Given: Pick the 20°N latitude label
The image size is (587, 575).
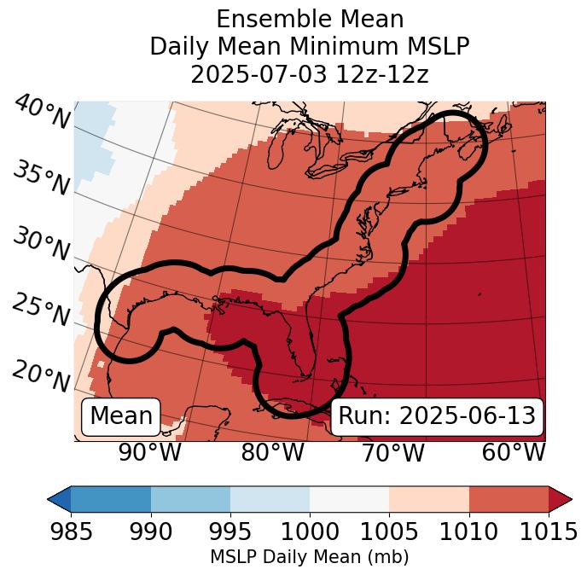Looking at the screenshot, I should [41, 375].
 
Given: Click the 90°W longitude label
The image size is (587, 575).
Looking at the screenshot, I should [150, 453].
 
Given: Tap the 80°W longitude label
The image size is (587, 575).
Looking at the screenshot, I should [272, 453].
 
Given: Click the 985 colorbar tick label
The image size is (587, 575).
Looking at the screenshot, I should [71, 531].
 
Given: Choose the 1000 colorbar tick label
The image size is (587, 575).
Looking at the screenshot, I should [310, 531].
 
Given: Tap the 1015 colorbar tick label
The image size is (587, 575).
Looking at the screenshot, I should [549, 531].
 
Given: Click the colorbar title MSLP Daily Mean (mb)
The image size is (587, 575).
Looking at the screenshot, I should [309, 557].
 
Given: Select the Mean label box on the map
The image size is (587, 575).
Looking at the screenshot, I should [121, 416].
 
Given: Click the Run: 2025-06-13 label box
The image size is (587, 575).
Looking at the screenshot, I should [437, 416].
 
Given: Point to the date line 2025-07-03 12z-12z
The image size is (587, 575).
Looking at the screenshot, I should [309, 74].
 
